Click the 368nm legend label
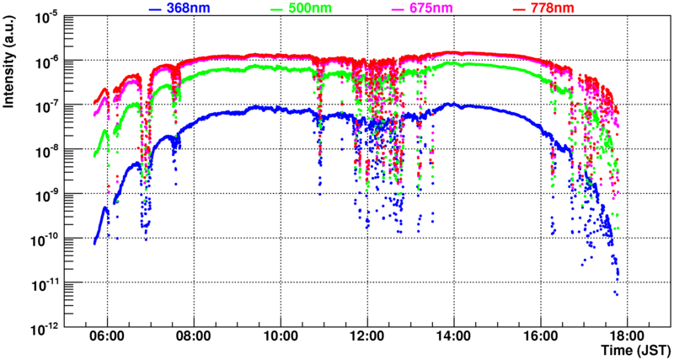[190, 8]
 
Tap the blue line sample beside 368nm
[154, 8]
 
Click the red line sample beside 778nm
[521, 8]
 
